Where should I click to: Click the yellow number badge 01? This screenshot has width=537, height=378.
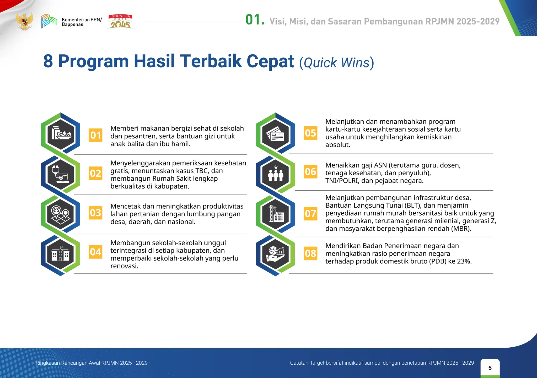point(95,135)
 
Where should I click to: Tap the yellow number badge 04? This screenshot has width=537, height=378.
point(95,252)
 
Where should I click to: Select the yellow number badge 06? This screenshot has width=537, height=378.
point(310,172)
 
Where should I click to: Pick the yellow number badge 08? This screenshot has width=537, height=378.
point(310,253)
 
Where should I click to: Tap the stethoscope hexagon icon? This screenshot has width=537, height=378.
point(61,174)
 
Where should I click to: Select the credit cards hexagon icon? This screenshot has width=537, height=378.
point(275,134)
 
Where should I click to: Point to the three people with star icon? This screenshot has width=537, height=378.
point(275,174)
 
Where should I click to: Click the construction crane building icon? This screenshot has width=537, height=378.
point(275,214)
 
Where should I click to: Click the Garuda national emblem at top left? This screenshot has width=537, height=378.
point(24,21)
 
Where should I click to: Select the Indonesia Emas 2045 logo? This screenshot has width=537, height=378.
point(120,21)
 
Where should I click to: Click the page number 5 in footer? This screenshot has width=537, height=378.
point(490,368)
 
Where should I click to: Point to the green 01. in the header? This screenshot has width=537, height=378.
point(255,20)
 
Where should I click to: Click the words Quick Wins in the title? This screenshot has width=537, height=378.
point(337,63)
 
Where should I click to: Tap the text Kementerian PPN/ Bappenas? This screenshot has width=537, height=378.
point(82,22)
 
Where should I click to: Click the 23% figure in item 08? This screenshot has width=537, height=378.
point(464,261)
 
